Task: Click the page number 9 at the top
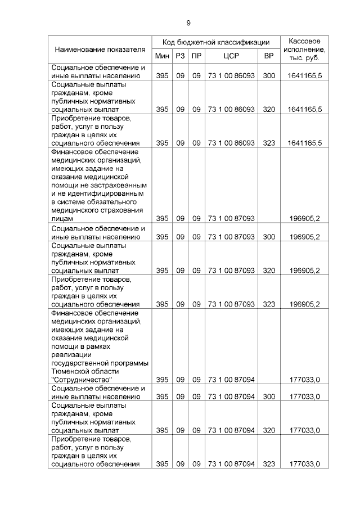point(188,22)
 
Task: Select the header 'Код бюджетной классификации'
point(216,42)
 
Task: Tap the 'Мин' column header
point(162,56)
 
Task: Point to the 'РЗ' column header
point(180,56)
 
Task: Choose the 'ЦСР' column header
point(231,56)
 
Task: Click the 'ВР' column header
point(268,56)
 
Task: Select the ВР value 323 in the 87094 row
point(269,464)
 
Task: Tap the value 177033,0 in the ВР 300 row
point(304,397)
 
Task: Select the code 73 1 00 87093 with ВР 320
point(231,270)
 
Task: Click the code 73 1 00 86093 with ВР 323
point(231,143)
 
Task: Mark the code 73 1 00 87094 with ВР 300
point(231,397)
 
